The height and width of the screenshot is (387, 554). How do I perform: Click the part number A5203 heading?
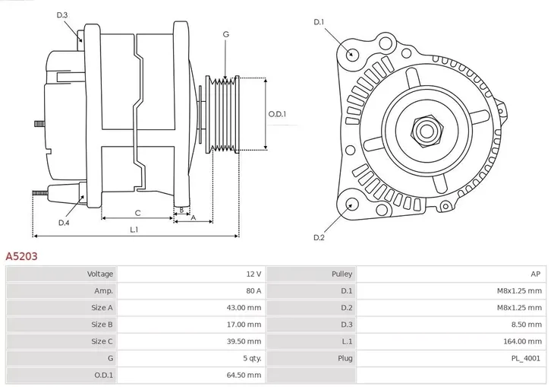pos(21,257)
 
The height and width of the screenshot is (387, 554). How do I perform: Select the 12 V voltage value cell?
pos(253,274)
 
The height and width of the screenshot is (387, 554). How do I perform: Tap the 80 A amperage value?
pos(253,290)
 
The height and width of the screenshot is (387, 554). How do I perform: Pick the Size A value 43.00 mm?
pos(244,307)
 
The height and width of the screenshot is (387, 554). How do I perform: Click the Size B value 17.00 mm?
pos(244,325)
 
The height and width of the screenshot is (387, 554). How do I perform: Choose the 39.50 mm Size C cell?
pos(244,341)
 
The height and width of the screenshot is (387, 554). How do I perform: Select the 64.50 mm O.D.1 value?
pos(244,375)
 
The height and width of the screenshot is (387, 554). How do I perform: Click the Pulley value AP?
pos(536,274)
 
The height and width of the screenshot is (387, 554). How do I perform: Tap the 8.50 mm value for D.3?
pos(526,325)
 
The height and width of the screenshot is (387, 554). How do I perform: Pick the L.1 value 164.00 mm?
pos(523,341)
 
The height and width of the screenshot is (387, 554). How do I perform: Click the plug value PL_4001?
pos(524,358)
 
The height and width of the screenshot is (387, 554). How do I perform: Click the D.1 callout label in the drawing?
pos(319,22)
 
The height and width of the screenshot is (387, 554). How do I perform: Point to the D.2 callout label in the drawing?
pos(319,238)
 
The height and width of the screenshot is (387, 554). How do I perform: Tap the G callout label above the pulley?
pos(225,34)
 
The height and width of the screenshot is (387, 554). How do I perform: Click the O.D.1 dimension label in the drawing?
pos(278,114)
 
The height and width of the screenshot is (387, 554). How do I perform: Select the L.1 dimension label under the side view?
pos(134,229)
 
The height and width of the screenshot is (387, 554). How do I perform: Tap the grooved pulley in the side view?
pos(223,114)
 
